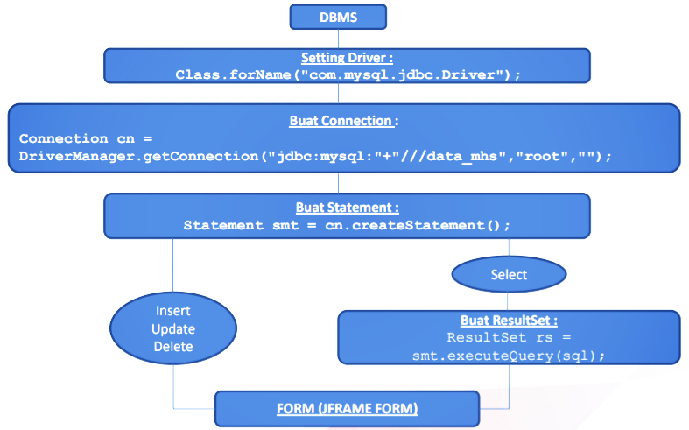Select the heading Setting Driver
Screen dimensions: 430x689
tap(348, 58)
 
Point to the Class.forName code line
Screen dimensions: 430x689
tap(348, 74)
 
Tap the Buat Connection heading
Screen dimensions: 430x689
tap(344, 121)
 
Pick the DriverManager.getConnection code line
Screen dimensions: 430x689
tap(315, 155)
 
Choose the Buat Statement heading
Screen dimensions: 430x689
tap(348, 208)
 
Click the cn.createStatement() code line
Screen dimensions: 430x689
tap(348, 225)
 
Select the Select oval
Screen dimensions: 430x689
tap(509, 274)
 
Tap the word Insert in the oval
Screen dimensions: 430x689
tap(172, 311)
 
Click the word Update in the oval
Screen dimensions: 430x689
tap(172, 329)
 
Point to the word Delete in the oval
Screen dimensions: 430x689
tap(172, 347)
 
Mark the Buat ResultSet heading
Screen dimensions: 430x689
tap(509, 321)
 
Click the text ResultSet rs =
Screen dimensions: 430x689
tap(509, 337)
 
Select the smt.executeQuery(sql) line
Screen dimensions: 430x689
tap(509, 356)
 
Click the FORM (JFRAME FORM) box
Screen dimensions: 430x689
tap(348, 409)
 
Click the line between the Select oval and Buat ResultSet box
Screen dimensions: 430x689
tap(509, 300)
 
